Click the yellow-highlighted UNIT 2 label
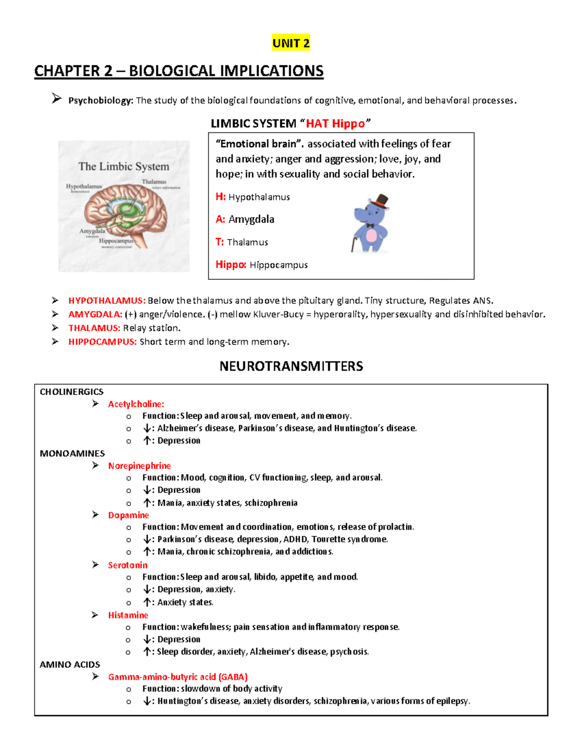click(x=291, y=43)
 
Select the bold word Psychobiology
click(x=100, y=101)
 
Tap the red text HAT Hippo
click(x=335, y=124)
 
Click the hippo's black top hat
click(x=381, y=201)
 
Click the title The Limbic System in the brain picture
click(x=124, y=167)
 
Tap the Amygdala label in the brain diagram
click(x=92, y=231)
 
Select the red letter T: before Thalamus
click(x=220, y=242)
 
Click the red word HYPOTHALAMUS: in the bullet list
click(x=107, y=301)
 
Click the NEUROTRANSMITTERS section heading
click(x=291, y=366)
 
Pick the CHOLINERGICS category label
click(x=71, y=392)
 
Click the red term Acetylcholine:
click(x=136, y=404)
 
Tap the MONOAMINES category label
click(x=72, y=453)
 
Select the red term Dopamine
click(x=128, y=515)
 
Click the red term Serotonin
click(x=128, y=565)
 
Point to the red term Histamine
click(x=128, y=615)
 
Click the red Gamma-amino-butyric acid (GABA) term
click(x=178, y=677)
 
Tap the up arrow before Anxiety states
click(x=147, y=602)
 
